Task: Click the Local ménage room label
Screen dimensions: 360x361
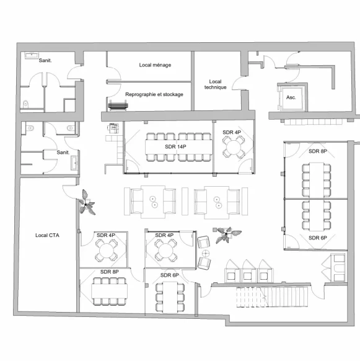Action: (155, 65)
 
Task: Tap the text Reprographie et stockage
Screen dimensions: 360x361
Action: (154, 94)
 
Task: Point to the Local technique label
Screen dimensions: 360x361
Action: (215, 84)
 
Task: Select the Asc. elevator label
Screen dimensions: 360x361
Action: (291, 97)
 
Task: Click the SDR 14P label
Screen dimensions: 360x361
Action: (175, 146)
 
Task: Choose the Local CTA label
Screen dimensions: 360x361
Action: (47, 235)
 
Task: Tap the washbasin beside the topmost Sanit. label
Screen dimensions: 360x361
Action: (32, 55)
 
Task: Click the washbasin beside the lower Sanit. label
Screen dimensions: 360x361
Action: (74, 163)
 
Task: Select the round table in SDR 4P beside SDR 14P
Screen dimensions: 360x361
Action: (234, 147)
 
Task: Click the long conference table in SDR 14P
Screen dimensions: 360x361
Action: (178, 147)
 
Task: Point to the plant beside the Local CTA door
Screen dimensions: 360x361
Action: (87, 203)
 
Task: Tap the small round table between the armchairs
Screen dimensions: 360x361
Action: (206, 254)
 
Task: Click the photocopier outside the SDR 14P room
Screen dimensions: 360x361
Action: (113, 128)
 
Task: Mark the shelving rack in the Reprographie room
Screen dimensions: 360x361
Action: (118, 105)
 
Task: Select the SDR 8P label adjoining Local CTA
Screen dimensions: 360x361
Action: (110, 272)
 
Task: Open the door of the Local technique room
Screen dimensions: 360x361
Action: (239, 83)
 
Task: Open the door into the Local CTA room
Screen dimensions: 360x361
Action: (69, 192)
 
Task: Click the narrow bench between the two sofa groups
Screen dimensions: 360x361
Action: (185, 201)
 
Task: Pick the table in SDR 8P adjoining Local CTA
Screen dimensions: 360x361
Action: (110, 292)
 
